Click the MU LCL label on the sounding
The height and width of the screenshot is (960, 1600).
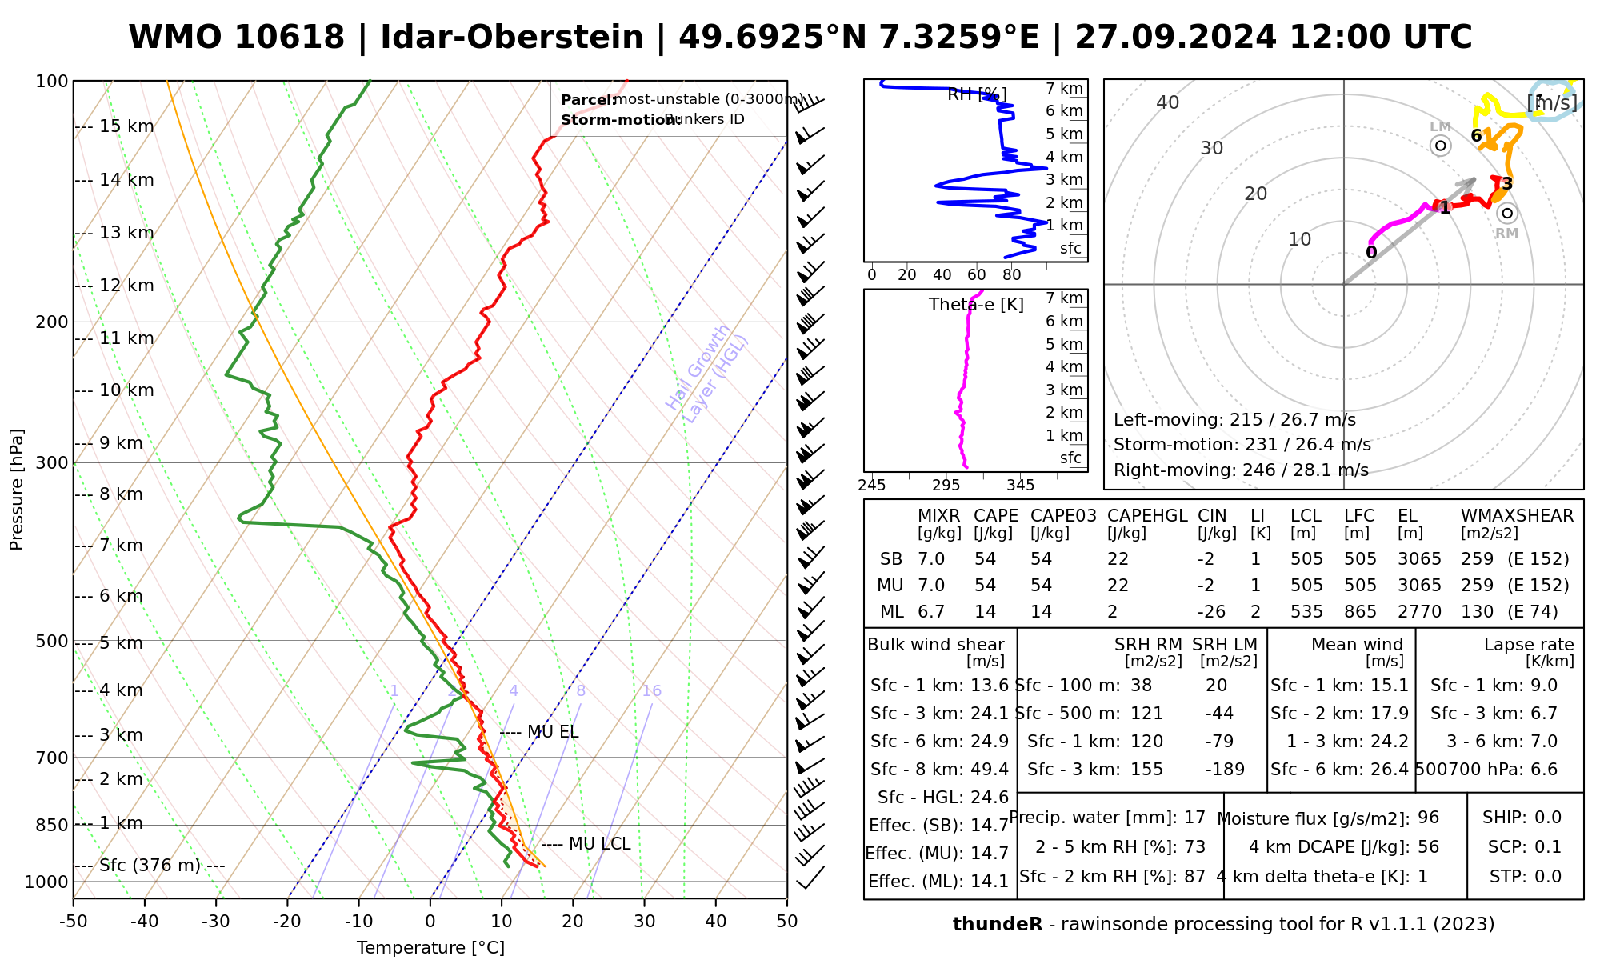click(x=599, y=844)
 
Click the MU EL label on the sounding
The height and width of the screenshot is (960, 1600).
click(x=553, y=732)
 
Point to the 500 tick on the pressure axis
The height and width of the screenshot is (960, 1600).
click(x=52, y=642)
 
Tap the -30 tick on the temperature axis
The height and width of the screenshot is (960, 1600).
click(x=216, y=922)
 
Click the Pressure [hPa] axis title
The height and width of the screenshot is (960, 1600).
click(x=17, y=490)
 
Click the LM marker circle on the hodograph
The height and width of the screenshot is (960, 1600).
click(x=1441, y=146)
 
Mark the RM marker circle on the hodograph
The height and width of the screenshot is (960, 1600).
click(x=1507, y=213)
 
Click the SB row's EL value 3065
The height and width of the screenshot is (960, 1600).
click(x=1419, y=559)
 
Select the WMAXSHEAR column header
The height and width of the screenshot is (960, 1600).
click(x=1517, y=516)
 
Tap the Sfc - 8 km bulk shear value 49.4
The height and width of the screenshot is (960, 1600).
click(x=990, y=770)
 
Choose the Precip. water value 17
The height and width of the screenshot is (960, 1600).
click(x=1194, y=818)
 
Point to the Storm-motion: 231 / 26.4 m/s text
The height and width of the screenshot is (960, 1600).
click(x=1242, y=445)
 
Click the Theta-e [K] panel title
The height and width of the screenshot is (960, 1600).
click(x=976, y=305)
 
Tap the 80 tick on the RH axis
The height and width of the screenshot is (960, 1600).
click(x=1012, y=275)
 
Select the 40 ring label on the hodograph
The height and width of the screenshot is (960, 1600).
click(x=1168, y=102)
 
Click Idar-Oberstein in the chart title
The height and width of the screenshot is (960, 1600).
click(x=512, y=38)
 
